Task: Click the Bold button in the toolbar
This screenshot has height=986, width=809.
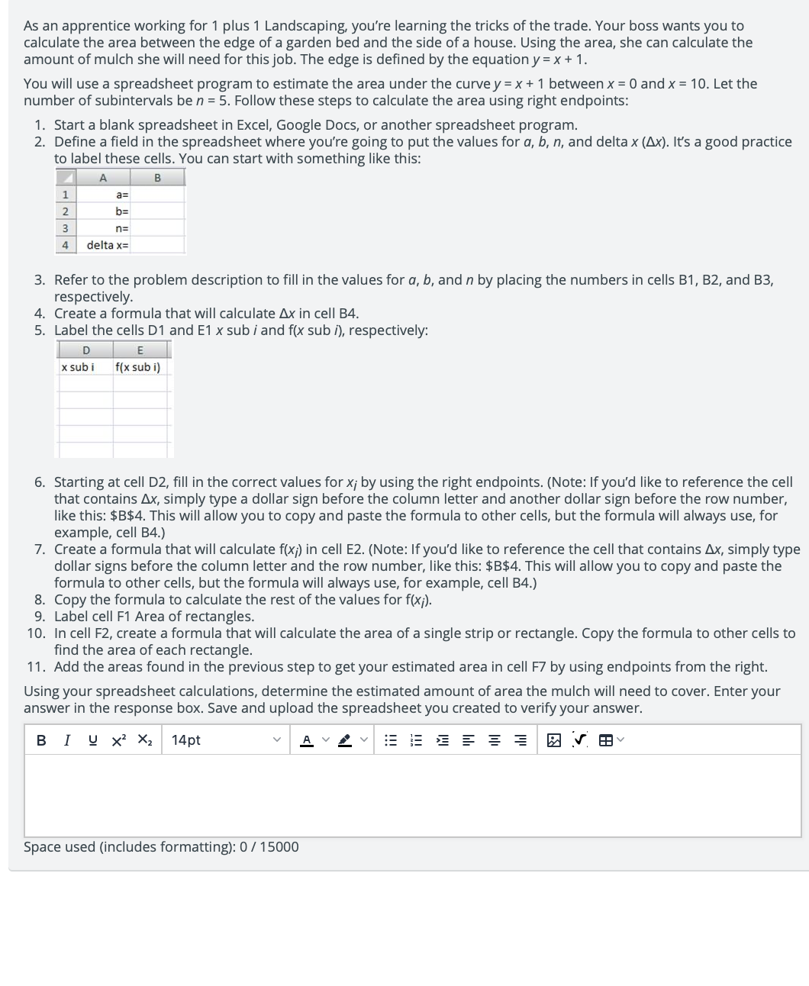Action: point(41,740)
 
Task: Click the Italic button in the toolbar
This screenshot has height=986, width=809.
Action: point(67,740)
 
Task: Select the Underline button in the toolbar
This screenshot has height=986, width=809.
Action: point(92,740)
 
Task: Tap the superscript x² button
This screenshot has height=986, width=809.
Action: point(119,740)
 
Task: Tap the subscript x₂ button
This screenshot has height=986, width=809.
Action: point(145,740)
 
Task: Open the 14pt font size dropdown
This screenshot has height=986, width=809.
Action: point(226,740)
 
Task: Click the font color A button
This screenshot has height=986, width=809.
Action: point(307,740)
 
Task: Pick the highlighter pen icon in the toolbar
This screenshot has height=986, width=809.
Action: point(345,740)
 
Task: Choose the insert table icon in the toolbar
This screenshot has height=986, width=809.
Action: point(605,740)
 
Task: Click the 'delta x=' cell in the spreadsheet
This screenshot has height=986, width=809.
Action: point(108,245)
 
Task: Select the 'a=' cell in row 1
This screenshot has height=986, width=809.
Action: point(121,195)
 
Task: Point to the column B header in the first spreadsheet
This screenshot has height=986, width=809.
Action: point(157,179)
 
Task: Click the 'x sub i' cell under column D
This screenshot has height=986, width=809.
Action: point(78,367)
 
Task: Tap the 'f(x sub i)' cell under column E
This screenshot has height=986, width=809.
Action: point(137,367)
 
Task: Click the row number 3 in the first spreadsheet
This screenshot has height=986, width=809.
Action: point(65,228)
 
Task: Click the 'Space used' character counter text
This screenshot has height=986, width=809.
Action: point(161,847)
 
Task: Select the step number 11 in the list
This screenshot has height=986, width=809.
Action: point(36,667)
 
